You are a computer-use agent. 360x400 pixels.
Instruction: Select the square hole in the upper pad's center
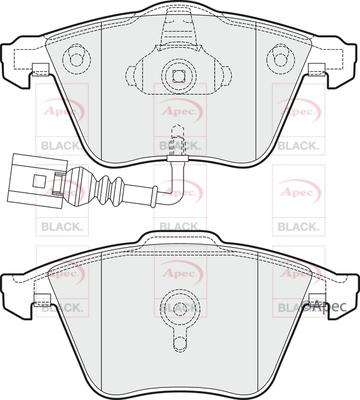click(179, 74)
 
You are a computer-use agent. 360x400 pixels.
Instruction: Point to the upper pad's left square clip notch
click(41, 69)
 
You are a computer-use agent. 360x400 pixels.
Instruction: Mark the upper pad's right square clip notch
click(317, 69)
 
